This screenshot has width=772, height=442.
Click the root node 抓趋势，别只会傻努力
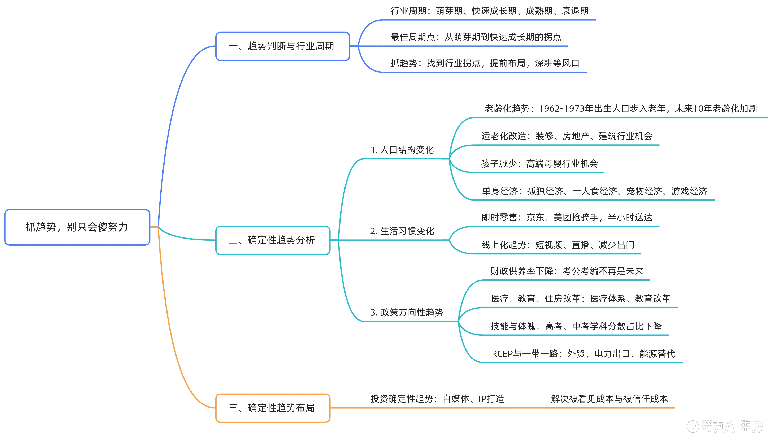tap(77, 227)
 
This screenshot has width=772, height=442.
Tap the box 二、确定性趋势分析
tap(272, 240)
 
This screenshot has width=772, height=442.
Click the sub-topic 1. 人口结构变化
tap(402, 150)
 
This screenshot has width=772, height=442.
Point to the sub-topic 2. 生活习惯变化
tap(402, 231)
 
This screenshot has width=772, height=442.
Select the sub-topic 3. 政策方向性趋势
tap(407, 312)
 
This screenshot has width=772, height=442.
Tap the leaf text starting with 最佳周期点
tap(476, 37)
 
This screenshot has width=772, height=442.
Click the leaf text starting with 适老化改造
tap(567, 136)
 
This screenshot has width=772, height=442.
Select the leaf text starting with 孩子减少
tap(539, 164)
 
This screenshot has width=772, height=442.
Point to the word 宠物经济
tap(644, 191)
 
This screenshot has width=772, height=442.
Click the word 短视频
tap(548, 245)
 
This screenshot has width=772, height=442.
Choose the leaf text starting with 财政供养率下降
tap(567, 271)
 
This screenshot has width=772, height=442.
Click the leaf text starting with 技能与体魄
tap(576, 326)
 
